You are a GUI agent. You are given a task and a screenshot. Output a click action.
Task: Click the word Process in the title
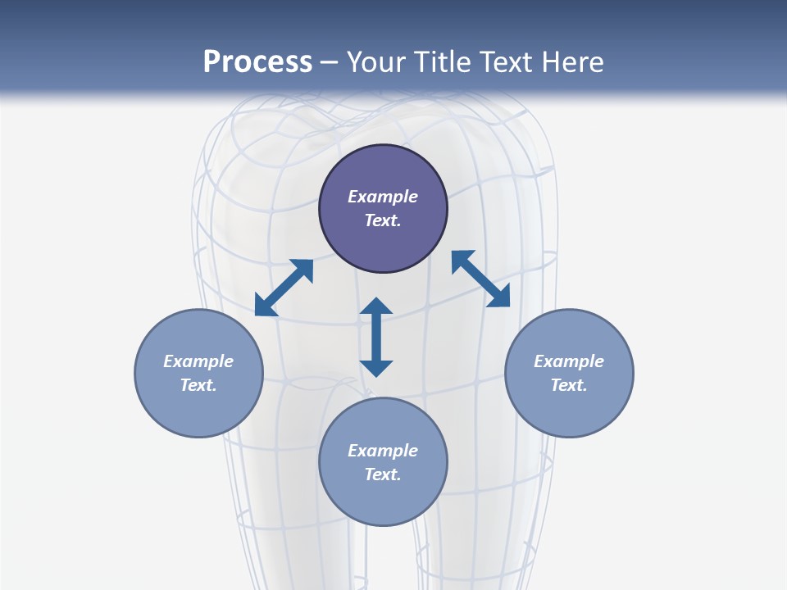click(x=257, y=62)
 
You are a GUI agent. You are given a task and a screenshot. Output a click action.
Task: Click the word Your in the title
click(x=376, y=62)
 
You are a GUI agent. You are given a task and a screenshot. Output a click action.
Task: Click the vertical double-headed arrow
click(x=376, y=337)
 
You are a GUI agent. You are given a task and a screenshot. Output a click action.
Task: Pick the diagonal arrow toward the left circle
click(x=284, y=288)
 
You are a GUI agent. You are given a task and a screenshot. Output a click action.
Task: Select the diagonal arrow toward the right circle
click(x=480, y=279)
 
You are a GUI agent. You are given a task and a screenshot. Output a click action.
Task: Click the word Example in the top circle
click(x=383, y=197)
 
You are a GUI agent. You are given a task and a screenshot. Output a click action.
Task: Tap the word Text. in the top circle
click(x=383, y=220)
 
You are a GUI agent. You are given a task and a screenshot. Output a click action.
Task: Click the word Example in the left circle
click(x=198, y=361)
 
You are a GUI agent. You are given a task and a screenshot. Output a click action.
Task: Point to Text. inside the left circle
click(x=198, y=385)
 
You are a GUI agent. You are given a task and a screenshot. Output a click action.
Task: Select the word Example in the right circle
click(x=569, y=361)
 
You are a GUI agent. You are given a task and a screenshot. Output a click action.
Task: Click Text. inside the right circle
click(x=569, y=385)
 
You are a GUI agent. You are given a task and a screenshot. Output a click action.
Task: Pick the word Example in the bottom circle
click(x=383, y=451)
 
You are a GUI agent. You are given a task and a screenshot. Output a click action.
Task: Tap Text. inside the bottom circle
click(x=383, y=474)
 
